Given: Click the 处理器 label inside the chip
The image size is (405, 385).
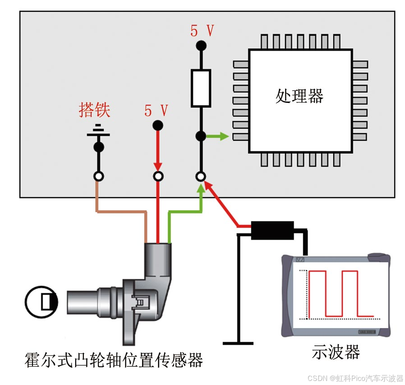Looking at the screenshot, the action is [299, 96].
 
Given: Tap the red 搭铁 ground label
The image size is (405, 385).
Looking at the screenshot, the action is [95, 110].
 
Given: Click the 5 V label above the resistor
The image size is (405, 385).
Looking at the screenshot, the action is [202, 31].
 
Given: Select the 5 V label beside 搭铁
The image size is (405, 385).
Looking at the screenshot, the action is [156, 111].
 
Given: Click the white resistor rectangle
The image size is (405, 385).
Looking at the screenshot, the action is [201, 88].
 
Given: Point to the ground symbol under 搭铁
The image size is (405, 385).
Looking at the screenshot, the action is [98, 130].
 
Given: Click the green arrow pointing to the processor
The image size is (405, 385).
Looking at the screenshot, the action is [217, 136].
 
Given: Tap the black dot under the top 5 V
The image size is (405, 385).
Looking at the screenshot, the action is [201, 46].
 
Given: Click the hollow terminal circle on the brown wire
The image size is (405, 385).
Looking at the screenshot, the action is [98, 176].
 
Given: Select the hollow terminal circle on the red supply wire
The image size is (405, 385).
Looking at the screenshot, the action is [158, 176].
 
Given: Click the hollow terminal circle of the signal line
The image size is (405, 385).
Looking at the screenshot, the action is [201, 176].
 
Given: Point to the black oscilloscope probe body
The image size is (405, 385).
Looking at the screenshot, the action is [272, 230].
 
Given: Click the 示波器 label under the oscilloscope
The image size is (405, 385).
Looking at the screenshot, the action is [336, 352].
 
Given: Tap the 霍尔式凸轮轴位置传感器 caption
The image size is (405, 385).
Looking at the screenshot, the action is [114, 360].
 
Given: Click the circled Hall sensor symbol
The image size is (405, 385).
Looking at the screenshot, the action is [41, 302].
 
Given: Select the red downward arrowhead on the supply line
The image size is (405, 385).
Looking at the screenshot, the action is [158, 167].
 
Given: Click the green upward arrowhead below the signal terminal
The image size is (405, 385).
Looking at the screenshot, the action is [201, 189].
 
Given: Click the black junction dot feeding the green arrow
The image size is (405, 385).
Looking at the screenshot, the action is [201, 136].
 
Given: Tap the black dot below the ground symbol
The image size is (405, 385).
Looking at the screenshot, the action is [99, 147].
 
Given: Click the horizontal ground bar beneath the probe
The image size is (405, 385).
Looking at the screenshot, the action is [238, 343].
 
